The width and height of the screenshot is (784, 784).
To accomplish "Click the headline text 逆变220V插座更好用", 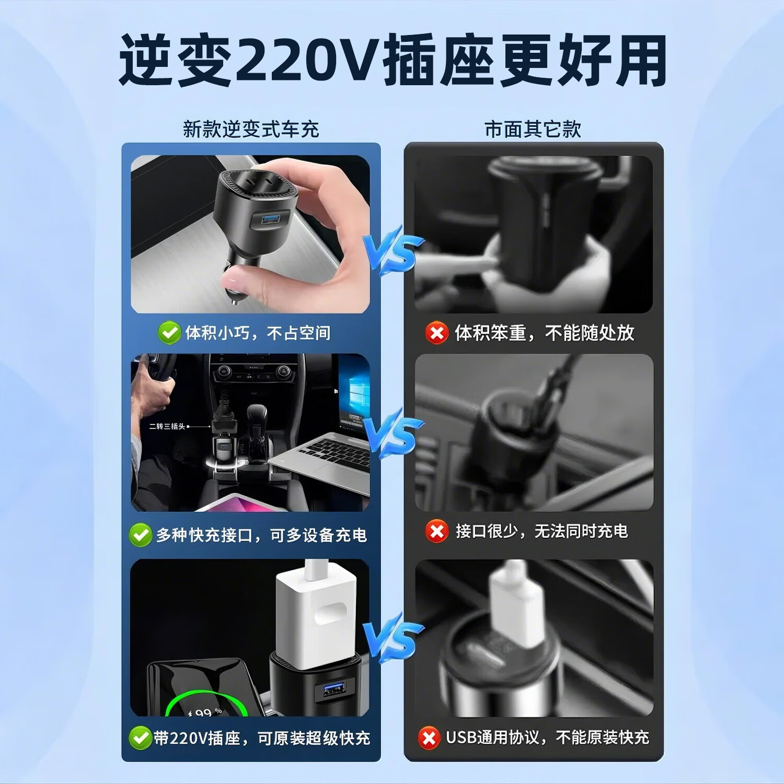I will point(392,60).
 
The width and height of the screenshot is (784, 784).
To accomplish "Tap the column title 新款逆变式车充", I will point(251,129).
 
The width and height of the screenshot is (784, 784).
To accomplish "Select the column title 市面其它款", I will point(533,129).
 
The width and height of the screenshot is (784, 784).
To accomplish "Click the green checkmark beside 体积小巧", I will point(169,333).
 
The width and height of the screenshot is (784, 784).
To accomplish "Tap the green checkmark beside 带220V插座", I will point(140,737).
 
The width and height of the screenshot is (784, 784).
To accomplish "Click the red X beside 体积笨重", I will point(437,333).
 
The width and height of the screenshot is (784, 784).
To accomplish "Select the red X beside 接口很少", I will point(437,532).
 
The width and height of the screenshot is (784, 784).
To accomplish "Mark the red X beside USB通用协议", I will point(429,738).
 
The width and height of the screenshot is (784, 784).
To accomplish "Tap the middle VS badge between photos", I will point(393,435).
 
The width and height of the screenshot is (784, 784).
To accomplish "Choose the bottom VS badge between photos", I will point(393,641).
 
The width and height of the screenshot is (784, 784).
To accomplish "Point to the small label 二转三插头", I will point(167,426).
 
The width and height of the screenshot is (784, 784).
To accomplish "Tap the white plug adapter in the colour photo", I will point(316,612).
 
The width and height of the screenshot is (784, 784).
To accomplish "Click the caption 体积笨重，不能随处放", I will point(544,333).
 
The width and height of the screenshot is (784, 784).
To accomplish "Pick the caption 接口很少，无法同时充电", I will point(541,532).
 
